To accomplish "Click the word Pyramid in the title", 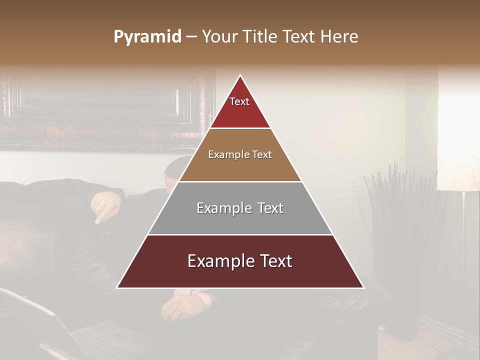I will pos(147,36).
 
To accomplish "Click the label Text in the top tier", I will pos(239,101).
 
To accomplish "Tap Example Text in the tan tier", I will pos(240,154).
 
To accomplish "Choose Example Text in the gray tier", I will pos(240,208).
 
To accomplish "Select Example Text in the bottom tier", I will pos(240,261).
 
